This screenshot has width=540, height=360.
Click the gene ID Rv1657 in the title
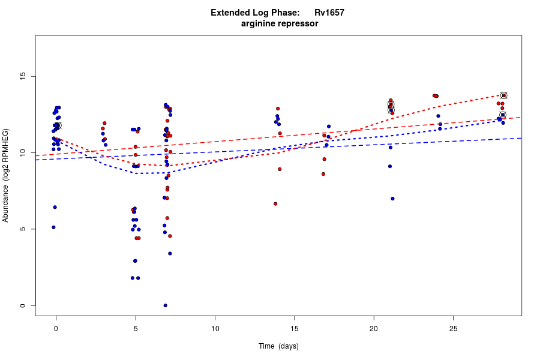329,13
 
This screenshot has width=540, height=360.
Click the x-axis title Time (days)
278,346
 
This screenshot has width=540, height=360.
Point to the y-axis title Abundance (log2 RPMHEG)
6,175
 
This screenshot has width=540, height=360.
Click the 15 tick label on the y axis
22,76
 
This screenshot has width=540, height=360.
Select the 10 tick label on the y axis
22,153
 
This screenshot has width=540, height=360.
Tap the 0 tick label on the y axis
22,305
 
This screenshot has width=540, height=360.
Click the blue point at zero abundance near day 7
165,305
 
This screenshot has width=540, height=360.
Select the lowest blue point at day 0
53,227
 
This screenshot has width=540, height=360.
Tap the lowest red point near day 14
275,203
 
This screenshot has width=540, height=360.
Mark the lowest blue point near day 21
392,199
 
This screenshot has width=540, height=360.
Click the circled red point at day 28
504,95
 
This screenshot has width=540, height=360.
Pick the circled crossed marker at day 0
58,125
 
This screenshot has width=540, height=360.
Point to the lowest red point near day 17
323,174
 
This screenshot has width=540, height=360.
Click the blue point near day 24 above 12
438,116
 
